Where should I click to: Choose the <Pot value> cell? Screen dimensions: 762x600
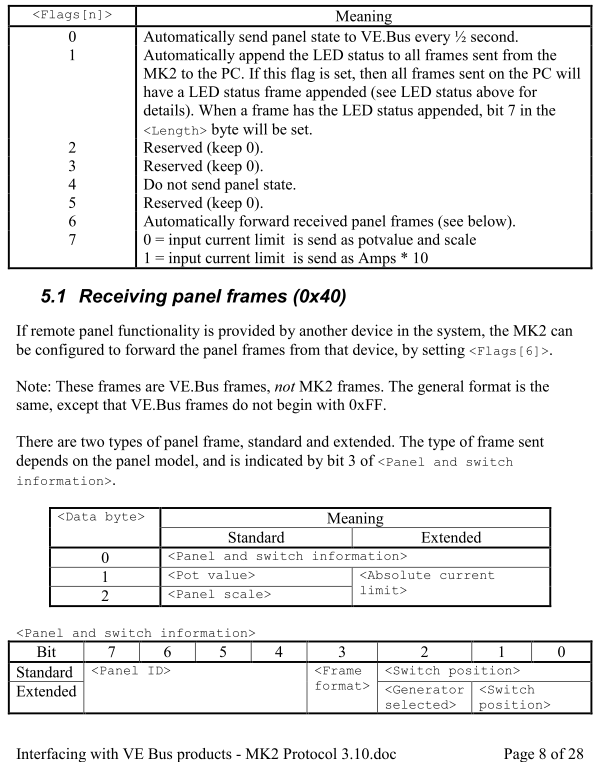tap(210, 576)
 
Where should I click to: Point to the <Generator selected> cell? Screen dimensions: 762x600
tap(422, 697)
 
